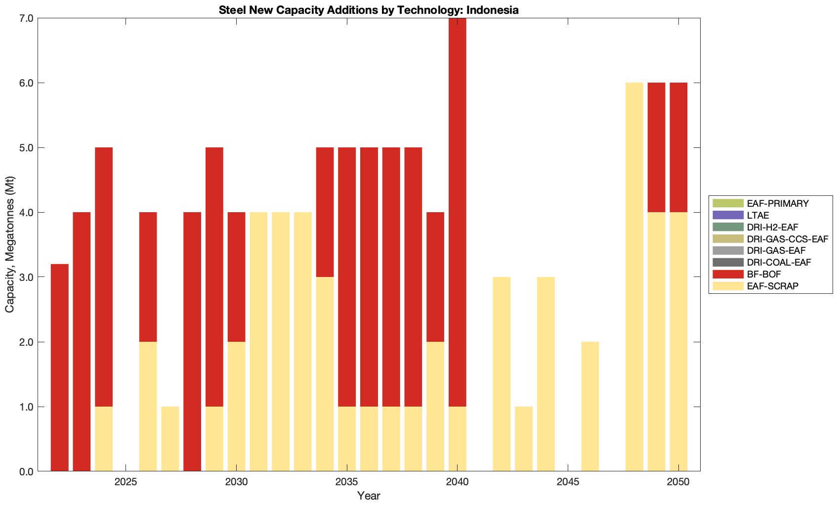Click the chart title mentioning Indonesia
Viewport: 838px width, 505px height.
click(369, 10)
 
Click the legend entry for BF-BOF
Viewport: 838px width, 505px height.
click(764, 274)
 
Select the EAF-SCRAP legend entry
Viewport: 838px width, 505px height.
click(772, 286)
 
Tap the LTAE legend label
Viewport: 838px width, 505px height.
click(758, 215)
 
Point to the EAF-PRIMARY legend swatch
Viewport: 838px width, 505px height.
click(728, 203)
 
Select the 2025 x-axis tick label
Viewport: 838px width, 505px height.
click(126, 483)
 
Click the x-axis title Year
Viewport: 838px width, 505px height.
click(369, 496)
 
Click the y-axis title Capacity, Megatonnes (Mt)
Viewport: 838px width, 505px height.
click(10, 244)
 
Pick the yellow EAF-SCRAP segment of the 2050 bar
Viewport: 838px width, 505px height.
click(678, 341)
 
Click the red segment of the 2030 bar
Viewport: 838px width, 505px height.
click(237, 277)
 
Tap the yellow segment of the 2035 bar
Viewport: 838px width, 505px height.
click(347, 439)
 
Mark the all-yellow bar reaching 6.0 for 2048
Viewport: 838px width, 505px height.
click(634, 277)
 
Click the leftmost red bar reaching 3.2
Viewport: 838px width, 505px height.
click(60, 367)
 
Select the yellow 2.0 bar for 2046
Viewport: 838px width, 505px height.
click(590, 407)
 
